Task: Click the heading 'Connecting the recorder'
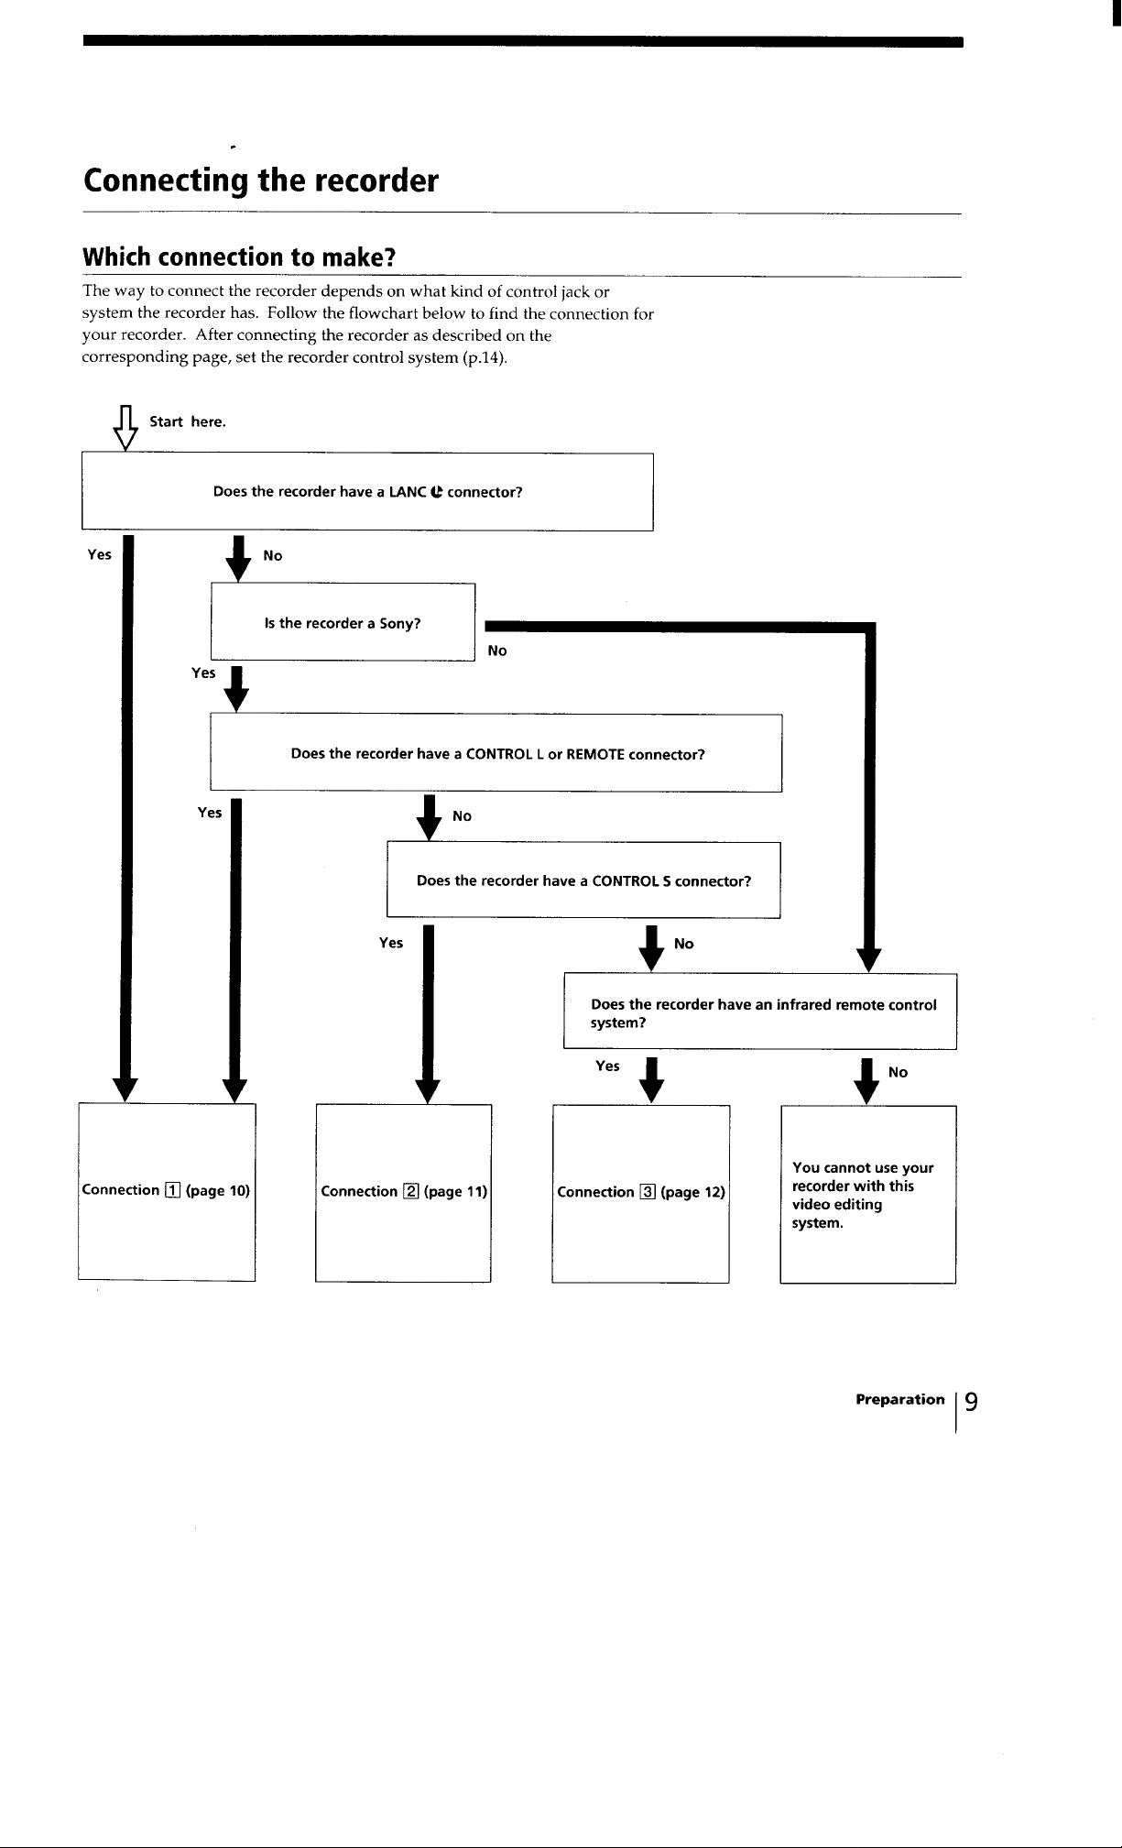tap(261, 181)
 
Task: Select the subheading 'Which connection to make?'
tap(239, 257)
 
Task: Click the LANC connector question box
tap(367, 492)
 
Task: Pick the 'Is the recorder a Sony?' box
tap(343, 622)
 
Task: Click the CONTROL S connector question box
tap(583, 880)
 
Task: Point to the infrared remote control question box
tap(760, 1012)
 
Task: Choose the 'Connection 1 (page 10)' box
tap(166, 1192)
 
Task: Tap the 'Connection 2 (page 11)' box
tap(404, 1193)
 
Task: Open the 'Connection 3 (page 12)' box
tap(640, 1194)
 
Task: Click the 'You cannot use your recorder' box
tap(868, 1194)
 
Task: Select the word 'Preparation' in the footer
tap(899, 1400)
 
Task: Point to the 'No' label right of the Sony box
tap(497, 651)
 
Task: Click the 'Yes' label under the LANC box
tap(99, 554)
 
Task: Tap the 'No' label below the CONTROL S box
tap(683, 944)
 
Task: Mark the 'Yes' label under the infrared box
tap(607, 1066)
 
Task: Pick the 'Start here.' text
tap(188, 421)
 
